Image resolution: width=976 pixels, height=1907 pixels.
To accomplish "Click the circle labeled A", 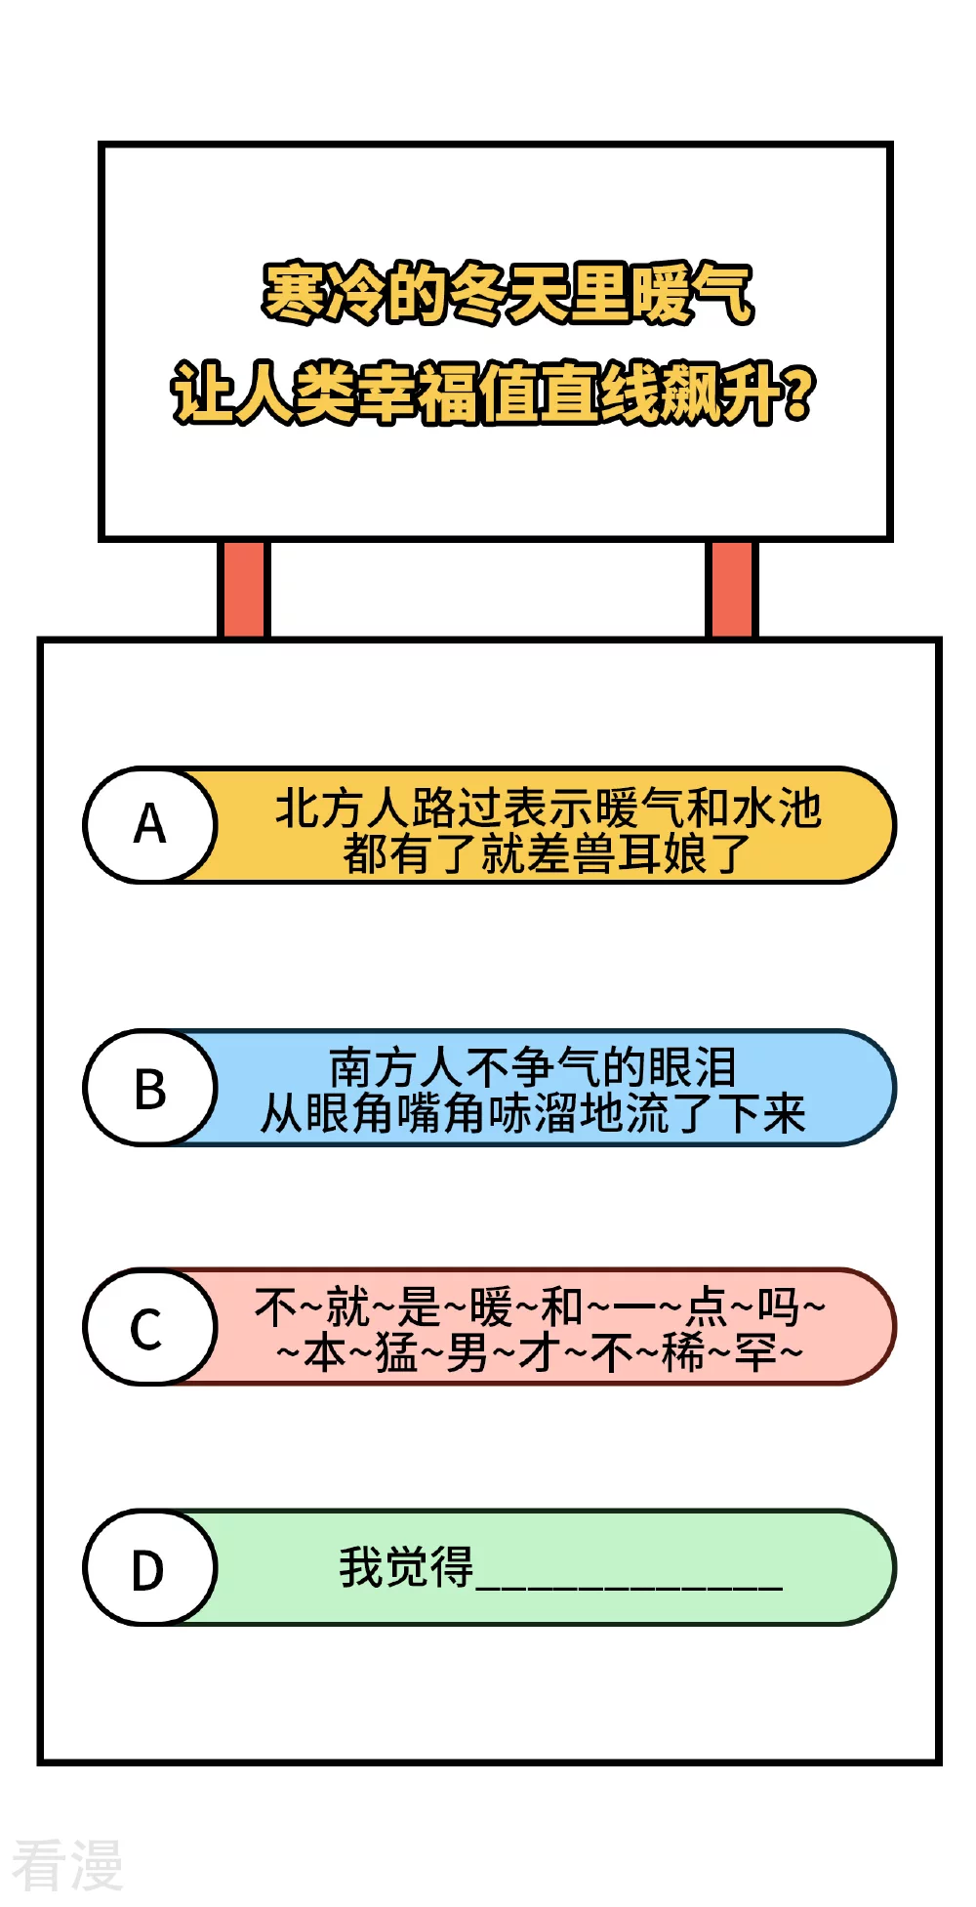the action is pos(149,825).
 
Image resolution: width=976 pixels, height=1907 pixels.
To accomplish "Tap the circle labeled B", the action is pos(149,1088).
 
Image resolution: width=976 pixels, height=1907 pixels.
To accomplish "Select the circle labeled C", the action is pos(149,1327).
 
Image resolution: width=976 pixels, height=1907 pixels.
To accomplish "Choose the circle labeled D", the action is pos(149,1568).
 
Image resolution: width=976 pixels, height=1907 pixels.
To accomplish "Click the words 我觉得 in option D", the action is pos(406,1568).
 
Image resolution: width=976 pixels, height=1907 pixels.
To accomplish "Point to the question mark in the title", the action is pos(798,393).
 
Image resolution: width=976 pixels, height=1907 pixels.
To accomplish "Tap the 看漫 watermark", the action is pos(66,1865).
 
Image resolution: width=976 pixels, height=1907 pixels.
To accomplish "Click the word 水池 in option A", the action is pos(777,808).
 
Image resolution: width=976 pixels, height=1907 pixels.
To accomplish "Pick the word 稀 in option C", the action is pos(683,1353).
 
